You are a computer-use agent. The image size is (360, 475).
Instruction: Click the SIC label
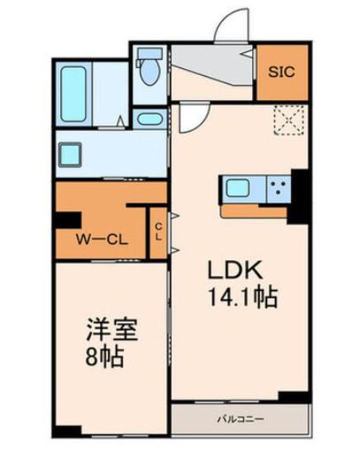[x=281, y=73]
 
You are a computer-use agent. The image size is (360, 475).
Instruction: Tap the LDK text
[x=234, y=270]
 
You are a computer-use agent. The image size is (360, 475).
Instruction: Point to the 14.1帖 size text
[x=242, y=297]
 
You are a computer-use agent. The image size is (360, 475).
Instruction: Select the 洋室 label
[x=112, y=330]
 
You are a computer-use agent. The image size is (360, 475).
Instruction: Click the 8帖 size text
[x=104, y=356]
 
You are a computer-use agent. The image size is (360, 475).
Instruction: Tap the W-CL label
[x=102, y=241]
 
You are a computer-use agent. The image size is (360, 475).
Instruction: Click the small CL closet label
[x=157, y=232]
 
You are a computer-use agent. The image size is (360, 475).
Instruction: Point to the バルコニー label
[x=241, y=419]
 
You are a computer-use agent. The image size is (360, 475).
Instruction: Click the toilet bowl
[x=149, y=68]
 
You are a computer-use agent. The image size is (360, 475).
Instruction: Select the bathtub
[x=73, y=95]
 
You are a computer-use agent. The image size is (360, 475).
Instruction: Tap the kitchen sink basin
[x=238, y=188]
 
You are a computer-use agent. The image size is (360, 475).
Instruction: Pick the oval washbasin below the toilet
[x=149, y=119]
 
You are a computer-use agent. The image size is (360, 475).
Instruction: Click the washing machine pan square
[x=70, y=155]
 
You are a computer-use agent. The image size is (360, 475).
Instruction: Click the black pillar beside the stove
[x=298, y=196]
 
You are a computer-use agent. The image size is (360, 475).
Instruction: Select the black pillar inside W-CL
[x=68, y=220]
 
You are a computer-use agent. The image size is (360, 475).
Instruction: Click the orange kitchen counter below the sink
[x=254, y=211]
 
